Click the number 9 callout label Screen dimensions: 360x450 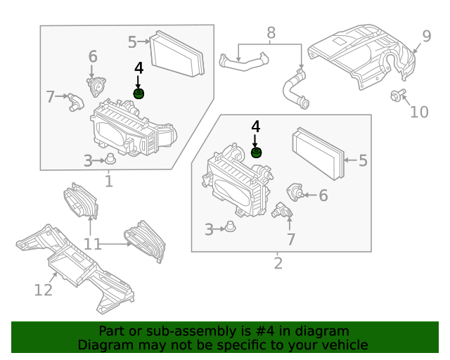click(427, 37)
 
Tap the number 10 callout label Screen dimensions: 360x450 click(419, 112)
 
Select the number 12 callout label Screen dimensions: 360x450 click(44, 289)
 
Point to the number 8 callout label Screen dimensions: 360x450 click(271, 32)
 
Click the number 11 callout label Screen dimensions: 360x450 click(93, 244)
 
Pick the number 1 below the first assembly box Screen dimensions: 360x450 click(109, 182)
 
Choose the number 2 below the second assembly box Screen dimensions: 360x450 click(278, 264)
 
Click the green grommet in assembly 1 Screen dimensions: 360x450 click(139, 94)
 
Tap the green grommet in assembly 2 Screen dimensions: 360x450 click(257, 153)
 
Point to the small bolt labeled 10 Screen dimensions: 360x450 click(397, 96)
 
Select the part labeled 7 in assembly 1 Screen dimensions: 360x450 click(75, 101)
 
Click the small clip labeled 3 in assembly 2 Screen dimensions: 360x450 click(229, 227)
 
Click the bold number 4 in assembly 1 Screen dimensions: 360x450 click(139, 67)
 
